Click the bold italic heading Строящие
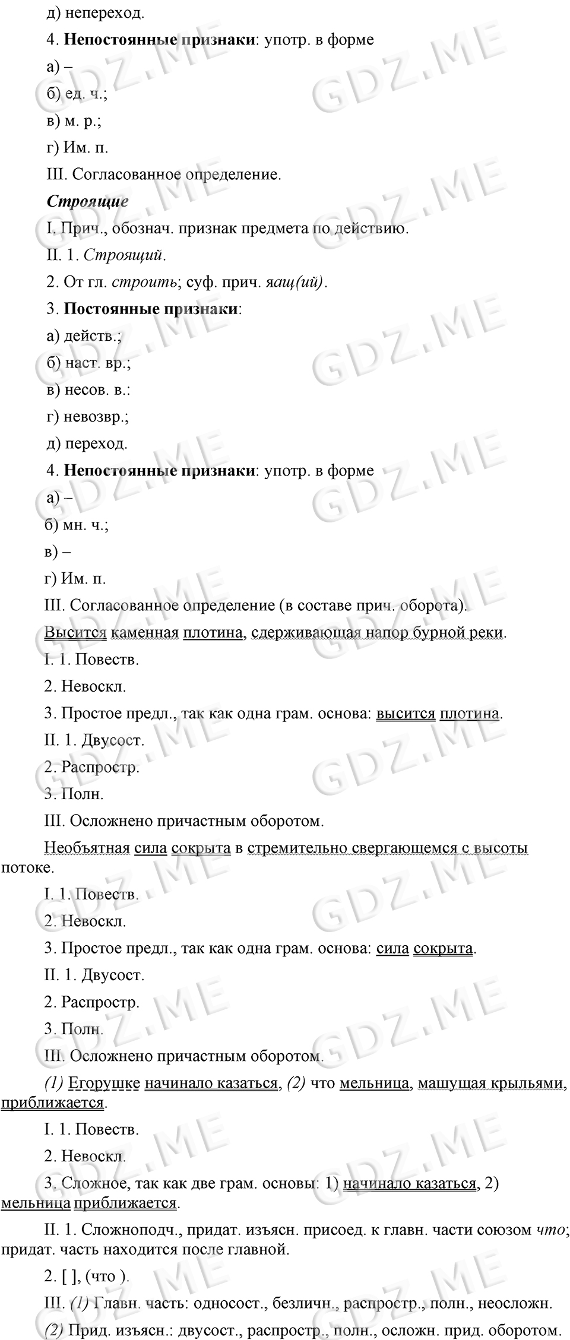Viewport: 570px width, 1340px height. coord(87,201)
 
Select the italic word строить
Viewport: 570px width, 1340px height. coord(144,282)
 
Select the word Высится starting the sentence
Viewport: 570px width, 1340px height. coord(75,632)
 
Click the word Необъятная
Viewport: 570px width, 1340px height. coord(87,848)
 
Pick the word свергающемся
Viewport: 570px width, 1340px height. coord(399,848)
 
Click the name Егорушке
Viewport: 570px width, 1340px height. coord(104,1084)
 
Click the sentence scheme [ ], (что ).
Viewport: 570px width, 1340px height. coord(87,1276)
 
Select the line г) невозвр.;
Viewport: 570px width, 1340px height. coord(88,417)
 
